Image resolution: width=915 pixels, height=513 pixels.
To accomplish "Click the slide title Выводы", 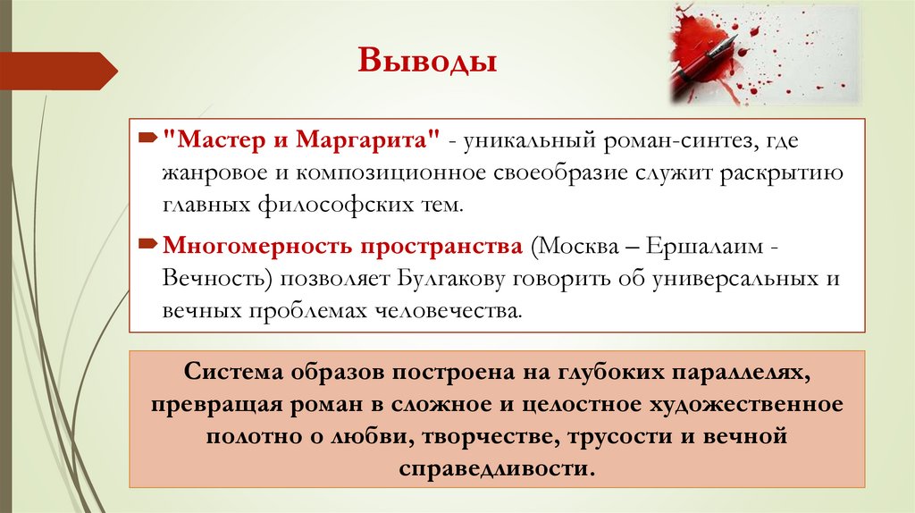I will [x=427, y=64].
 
